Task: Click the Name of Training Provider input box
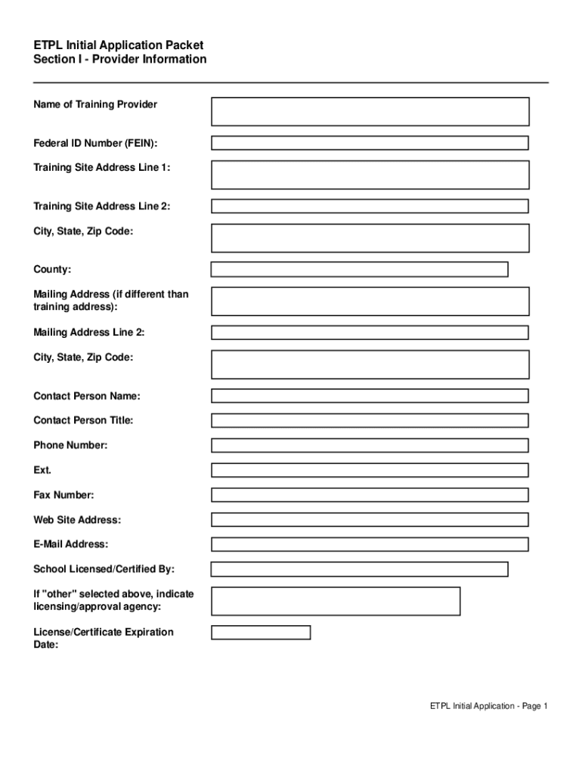tap(370, 111)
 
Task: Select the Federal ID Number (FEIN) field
tap(370, 143)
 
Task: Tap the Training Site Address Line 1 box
tap(370, 175)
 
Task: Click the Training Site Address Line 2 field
tap(370, 206)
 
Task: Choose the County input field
tap(359, 270)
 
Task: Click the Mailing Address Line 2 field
tap(370, 333)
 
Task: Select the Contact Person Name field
tap(370, 396)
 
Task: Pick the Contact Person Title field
tap(370, 421)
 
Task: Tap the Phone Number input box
tap(370, 446)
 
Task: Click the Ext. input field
tap(370, 470)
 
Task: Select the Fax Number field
tap(370, 495)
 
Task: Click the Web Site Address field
tap(370, 520)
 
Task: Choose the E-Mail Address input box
tap(370, 544)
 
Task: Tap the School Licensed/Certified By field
tap(359, 569)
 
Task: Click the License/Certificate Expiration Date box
tap(261, 633)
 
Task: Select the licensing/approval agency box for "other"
tap(336, 601)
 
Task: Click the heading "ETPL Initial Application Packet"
tap(119, 45)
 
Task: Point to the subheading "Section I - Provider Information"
tap(120, 59)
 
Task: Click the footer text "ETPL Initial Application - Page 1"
tap(488, 706)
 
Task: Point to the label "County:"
tap(53, 270)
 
